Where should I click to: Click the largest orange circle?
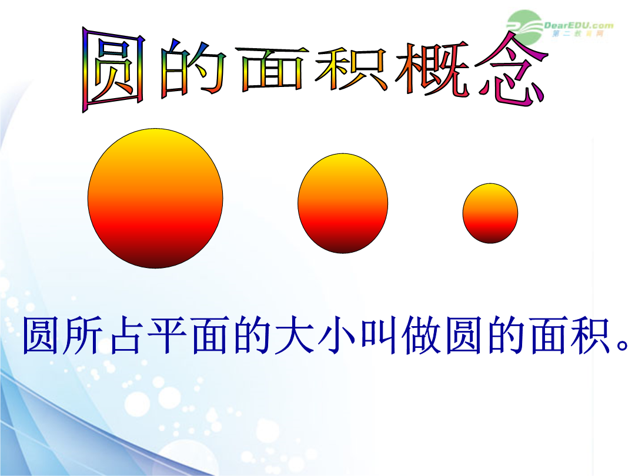(x=155, y=199)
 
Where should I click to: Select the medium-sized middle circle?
(x=343, y=203)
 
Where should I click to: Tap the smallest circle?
(x=490, y=213)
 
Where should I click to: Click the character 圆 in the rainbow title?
(x=113, y=69)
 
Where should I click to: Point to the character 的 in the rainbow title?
(x=193, y=69)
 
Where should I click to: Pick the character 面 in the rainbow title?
(x=272, y=69)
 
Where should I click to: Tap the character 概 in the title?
(x=432, y=69)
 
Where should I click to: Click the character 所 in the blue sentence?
(x=83, y=336)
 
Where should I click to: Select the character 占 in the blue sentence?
(x=126, y=336)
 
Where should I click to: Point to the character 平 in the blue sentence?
(x=167, y=336)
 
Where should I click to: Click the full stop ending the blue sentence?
(x=623, y=346)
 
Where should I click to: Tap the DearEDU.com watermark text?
(x=579, y=25)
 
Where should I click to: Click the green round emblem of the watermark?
(x=524, y=26)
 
